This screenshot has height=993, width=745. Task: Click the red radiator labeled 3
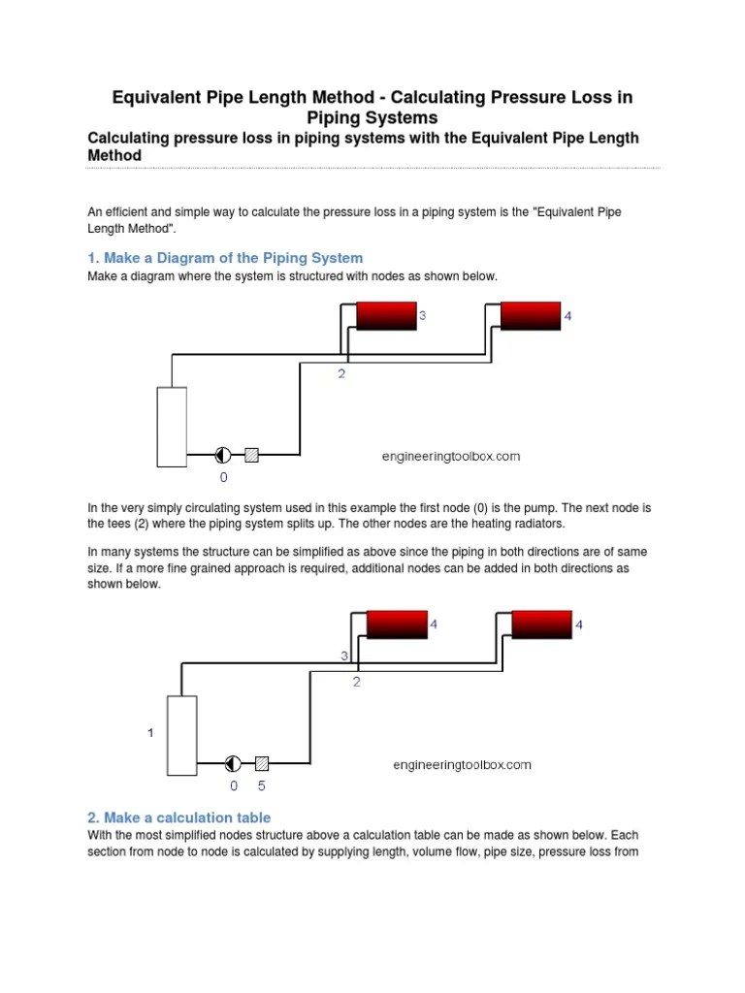(386, 316)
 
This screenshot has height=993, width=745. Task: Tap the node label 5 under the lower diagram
(261, 786)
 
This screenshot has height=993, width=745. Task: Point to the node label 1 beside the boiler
(150, 733)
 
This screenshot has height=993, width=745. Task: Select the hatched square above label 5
(261, 762)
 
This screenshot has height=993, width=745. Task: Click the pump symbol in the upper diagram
(223, 453)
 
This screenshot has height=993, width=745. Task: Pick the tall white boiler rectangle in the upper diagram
(172, 427)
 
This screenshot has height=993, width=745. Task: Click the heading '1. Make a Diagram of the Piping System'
(225, 258)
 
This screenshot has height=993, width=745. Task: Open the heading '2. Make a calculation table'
(179, 817)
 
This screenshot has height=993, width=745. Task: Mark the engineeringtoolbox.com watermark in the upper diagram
(449, 456)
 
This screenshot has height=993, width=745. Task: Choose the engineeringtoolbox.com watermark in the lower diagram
(462, 764)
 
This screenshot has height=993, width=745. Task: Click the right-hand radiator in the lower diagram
(542, 625)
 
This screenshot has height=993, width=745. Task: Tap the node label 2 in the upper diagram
(341, 373)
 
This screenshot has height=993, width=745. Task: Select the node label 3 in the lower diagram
(343, 657)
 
